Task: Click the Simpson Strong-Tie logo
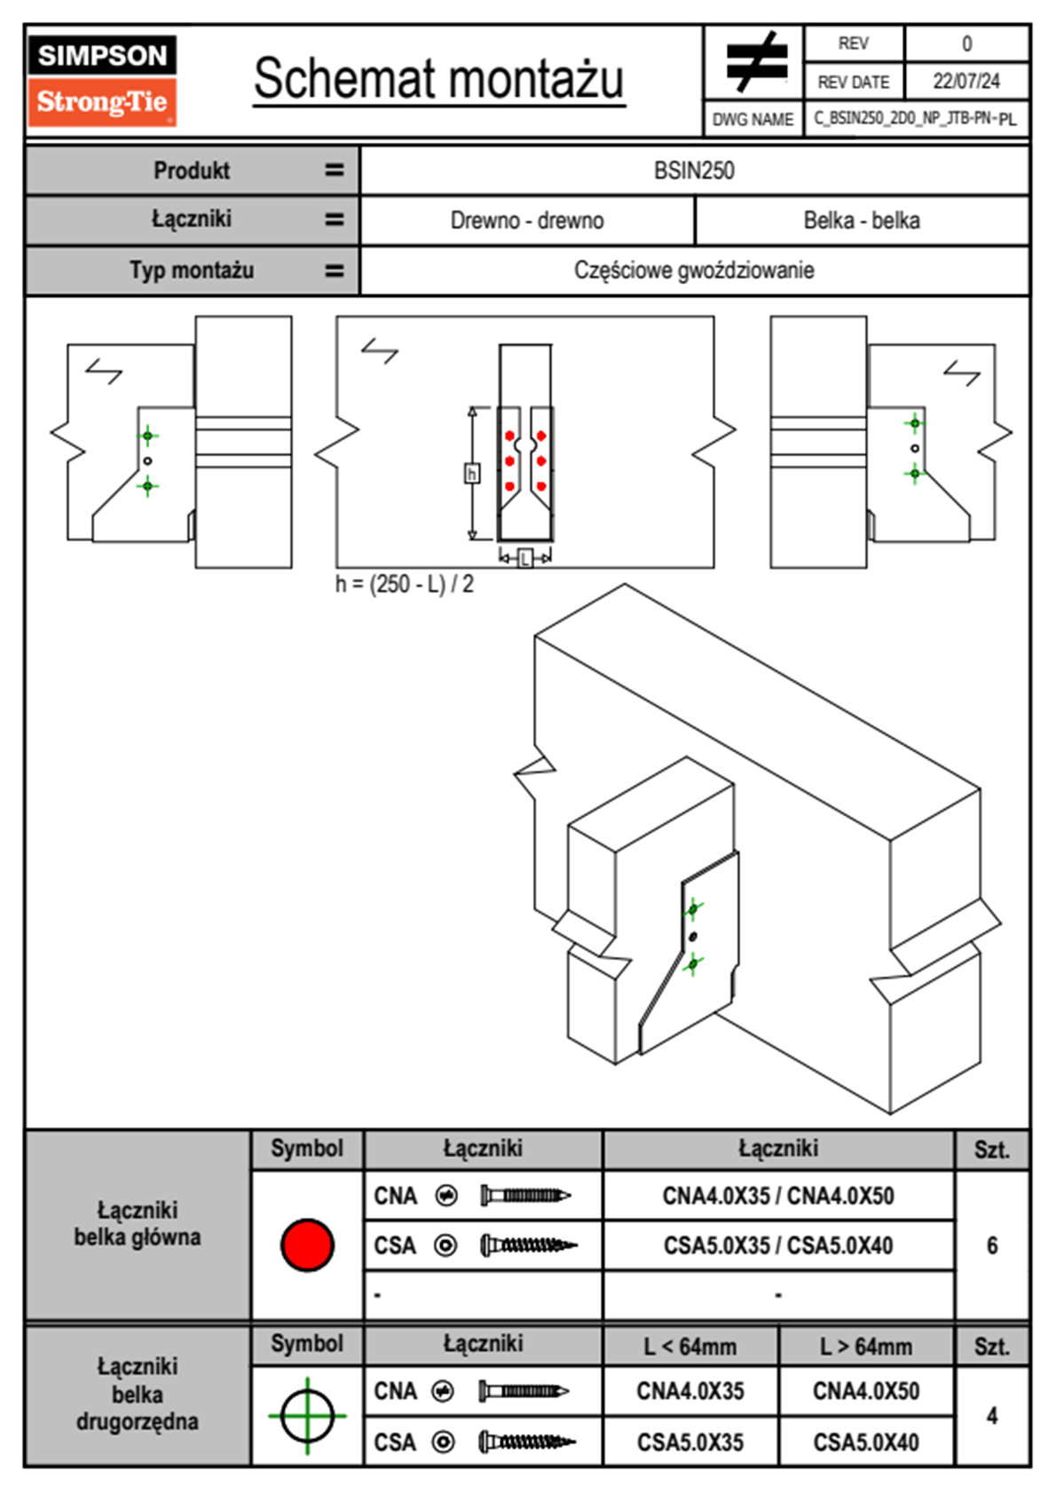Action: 102,81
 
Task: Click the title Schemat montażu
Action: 439,79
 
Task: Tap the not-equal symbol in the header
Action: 755,62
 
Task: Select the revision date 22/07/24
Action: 965,82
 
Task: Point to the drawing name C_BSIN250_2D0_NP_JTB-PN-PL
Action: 915,119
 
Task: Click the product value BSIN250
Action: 694,170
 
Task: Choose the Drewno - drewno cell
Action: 527,220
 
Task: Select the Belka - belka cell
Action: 861,220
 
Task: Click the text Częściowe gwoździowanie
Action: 694,271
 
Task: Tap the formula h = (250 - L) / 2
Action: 405,585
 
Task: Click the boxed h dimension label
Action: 472,474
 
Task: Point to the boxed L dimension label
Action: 524,558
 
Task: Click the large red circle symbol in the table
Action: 307,1245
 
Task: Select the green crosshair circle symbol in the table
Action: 307,1416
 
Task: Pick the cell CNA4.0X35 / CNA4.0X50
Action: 778,1196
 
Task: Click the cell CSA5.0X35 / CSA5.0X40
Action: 778,1245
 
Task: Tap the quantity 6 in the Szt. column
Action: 991,1245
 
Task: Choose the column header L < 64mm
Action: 690,1347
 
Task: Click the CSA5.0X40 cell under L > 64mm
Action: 866,1442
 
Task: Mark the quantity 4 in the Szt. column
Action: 991,1416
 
